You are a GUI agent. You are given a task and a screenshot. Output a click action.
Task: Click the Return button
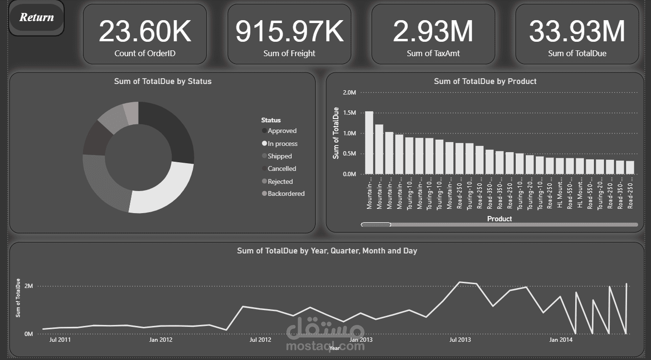click(x=36, y=18)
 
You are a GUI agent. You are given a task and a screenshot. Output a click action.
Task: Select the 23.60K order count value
click(x=145, y=31)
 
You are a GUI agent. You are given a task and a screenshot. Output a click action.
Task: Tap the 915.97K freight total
click(x=289, y=31)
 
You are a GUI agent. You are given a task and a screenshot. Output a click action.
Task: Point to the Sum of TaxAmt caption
click(x=433, y=54)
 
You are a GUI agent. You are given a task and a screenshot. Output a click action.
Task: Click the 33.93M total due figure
click(x=577, y=31)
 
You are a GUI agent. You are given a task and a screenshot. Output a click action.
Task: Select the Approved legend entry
click(x=282, y=131)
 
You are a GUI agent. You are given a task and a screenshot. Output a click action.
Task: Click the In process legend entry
click(x=282, y=144)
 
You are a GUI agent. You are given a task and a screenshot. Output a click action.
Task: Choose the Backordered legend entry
click(x=285, y=194)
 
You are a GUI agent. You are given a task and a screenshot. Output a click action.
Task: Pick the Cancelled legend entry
click(x=282, y=169)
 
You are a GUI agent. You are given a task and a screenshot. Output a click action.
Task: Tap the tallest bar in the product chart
click(x=369, y=142)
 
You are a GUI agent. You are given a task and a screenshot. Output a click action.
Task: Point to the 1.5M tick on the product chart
click(x=350, y=113)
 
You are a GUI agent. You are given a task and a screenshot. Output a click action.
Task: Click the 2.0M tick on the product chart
click(x=350, y=93)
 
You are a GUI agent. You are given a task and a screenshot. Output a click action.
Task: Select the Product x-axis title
click(x=499, y=219)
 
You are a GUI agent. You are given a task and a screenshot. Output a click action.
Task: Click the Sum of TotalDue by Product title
click(x=485, y=82)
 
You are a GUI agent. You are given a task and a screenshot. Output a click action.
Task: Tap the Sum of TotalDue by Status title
click(x=163, y=82)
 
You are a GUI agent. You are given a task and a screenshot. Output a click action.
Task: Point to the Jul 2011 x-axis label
click(x=60, y=340)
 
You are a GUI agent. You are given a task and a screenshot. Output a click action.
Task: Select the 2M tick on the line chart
click(x=29, y=286)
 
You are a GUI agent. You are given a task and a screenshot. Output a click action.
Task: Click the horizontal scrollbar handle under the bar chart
click(x=376, y=225)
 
